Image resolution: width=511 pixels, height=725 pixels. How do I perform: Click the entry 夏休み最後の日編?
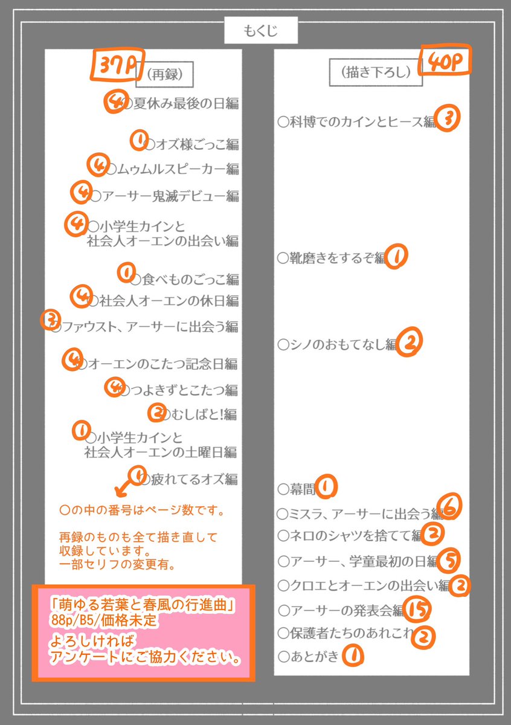coord(181,103)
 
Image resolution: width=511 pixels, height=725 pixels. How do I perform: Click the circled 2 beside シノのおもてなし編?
coord(410,343)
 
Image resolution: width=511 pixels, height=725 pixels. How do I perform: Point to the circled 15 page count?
coord(417,610)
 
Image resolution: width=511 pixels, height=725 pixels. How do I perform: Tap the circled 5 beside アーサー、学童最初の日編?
coord(449,560)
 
